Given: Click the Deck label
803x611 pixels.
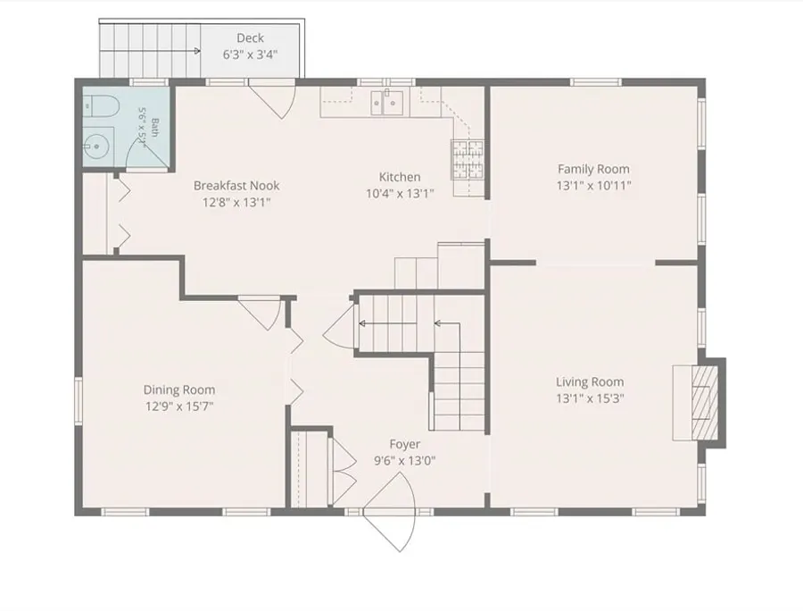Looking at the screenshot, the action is click(251, 38).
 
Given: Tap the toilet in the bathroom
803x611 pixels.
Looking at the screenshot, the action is click(102, 107).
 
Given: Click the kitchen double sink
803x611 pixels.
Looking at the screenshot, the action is click(386, 103).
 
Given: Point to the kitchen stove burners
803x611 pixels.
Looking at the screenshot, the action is click(468, 159).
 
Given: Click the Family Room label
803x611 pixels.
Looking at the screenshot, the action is click(593, 169).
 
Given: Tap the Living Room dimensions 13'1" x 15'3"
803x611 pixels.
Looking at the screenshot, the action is click(590, 398).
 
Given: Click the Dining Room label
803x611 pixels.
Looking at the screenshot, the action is click(179, 389).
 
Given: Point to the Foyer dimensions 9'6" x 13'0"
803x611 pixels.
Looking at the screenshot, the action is click(404, 460).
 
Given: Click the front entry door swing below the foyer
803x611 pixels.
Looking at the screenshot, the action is click(390, 512).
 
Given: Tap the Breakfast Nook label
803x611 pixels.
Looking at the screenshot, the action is click(236, 185).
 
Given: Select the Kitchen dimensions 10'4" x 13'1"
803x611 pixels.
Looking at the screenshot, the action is click(400, 194).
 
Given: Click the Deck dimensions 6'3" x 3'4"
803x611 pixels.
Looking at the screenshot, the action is click(251, 54).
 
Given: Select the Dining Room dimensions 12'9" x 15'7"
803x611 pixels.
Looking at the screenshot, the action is click(179, 406).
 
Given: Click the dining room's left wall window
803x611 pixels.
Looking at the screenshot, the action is click(79, 401).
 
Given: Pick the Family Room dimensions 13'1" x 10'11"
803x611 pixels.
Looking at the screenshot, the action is click(594, 186).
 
